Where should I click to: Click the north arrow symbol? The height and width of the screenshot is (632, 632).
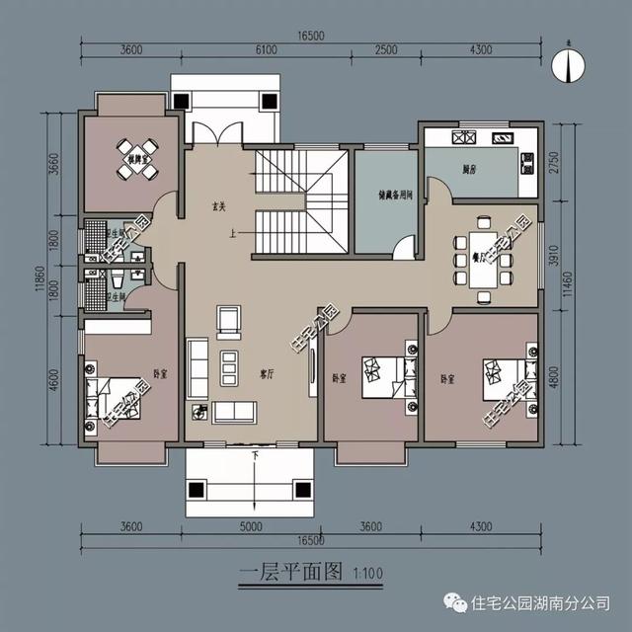pos(571,64)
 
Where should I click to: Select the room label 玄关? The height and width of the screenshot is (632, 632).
pos(219,207)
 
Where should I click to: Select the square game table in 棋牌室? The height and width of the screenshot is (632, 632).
pos(131,170)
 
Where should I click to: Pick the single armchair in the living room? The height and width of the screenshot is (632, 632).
pos(228,320)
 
